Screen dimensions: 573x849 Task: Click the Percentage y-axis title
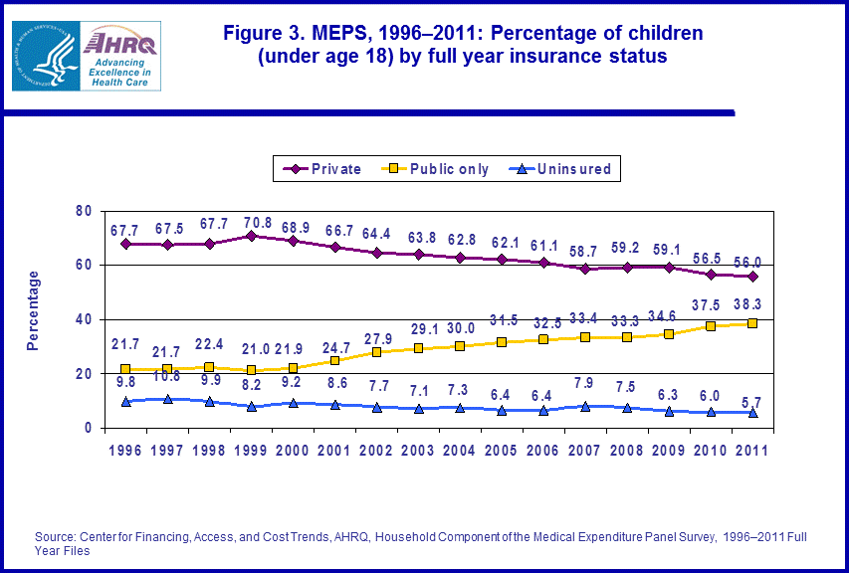pos(33,310)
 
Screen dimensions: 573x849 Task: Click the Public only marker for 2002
pos(376,352)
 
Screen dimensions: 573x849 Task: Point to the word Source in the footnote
pos(56,537)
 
